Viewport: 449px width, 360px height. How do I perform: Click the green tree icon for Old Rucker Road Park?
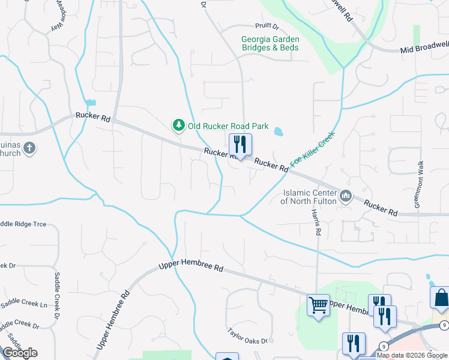pos(178,125)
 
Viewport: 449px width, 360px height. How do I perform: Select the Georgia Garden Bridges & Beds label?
pos(270,44)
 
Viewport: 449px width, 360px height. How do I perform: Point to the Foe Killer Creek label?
pos(312,149)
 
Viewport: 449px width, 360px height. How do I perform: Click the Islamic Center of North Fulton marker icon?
pos(346,196)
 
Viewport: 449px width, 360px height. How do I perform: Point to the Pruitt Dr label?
pos(267,27)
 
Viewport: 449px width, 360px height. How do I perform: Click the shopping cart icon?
pos(318,305)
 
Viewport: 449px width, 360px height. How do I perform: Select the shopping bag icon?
pos(441,298)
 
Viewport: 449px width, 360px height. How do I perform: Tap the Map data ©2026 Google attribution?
pos(412,355)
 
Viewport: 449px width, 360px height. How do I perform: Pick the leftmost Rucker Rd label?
pos(92,118)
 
